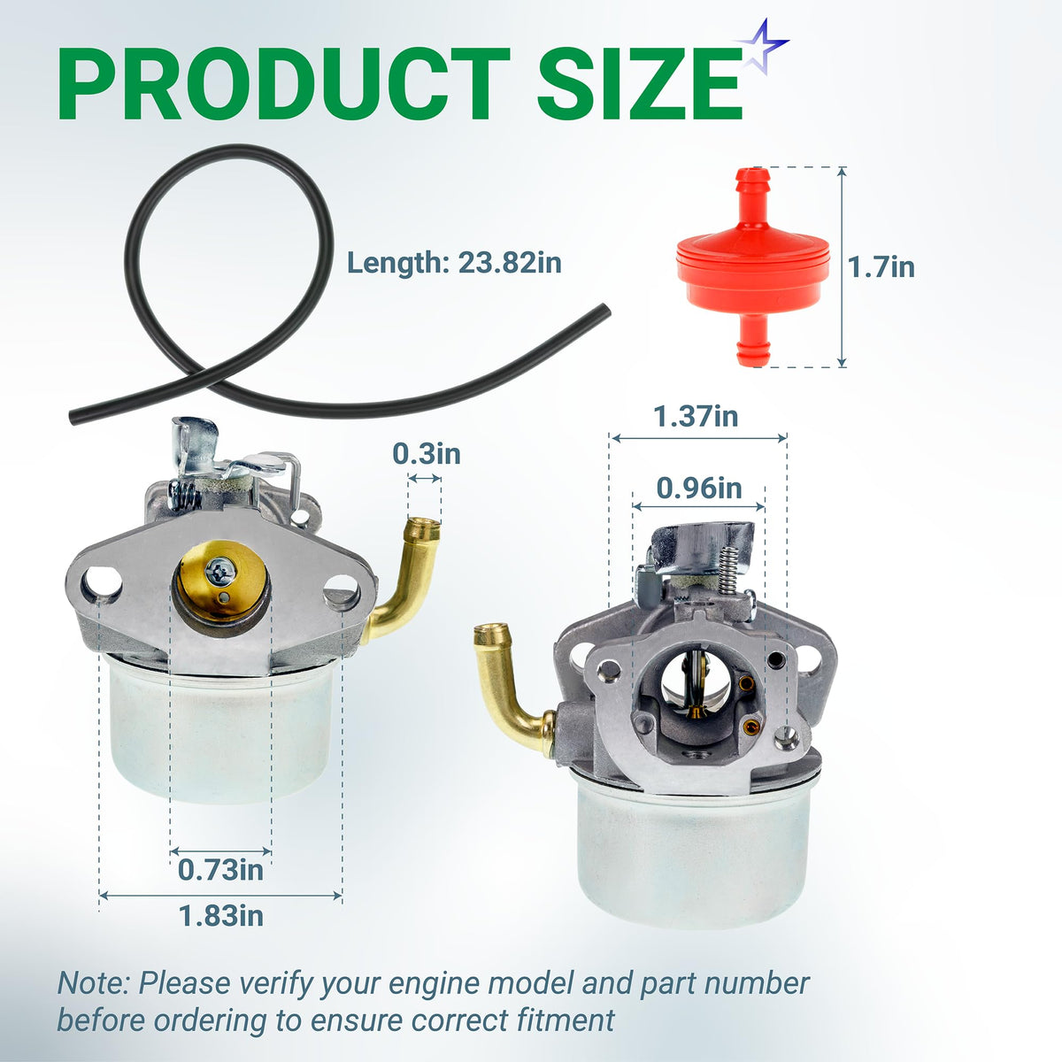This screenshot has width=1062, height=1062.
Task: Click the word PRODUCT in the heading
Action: pyautogui.click(x=284, y=83)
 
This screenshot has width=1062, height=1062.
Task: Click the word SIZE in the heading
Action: pyautogui.click(x=639, y=83)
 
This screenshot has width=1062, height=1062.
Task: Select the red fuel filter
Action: pyautogui.click(x=753, y=266)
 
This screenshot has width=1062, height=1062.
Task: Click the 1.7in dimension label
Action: pyautogui.click(x=881, y=267)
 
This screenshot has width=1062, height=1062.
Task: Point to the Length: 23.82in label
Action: pyautogui.click(x=454, y=263)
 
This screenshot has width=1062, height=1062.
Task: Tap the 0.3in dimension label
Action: pyautogui.click(x=426, y=454)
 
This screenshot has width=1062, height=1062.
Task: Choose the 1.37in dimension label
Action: pyautogui.click(x=696, y=416)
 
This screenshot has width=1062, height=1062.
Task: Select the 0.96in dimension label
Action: pyautogui.click(x=699, y=489)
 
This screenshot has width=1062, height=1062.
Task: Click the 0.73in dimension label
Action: pyautogui.click(x=220, y=870)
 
